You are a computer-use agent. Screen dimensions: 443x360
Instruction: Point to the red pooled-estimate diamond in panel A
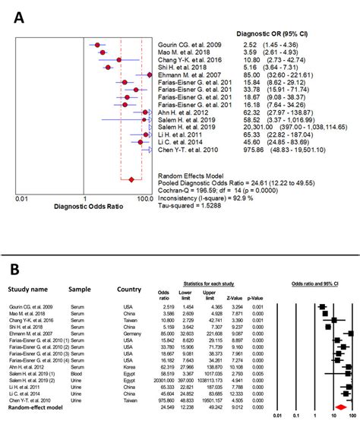click(131, 179)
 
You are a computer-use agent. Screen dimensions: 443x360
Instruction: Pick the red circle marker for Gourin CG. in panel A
click(97, 45)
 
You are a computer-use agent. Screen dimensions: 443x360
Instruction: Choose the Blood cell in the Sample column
click(79, 374)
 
